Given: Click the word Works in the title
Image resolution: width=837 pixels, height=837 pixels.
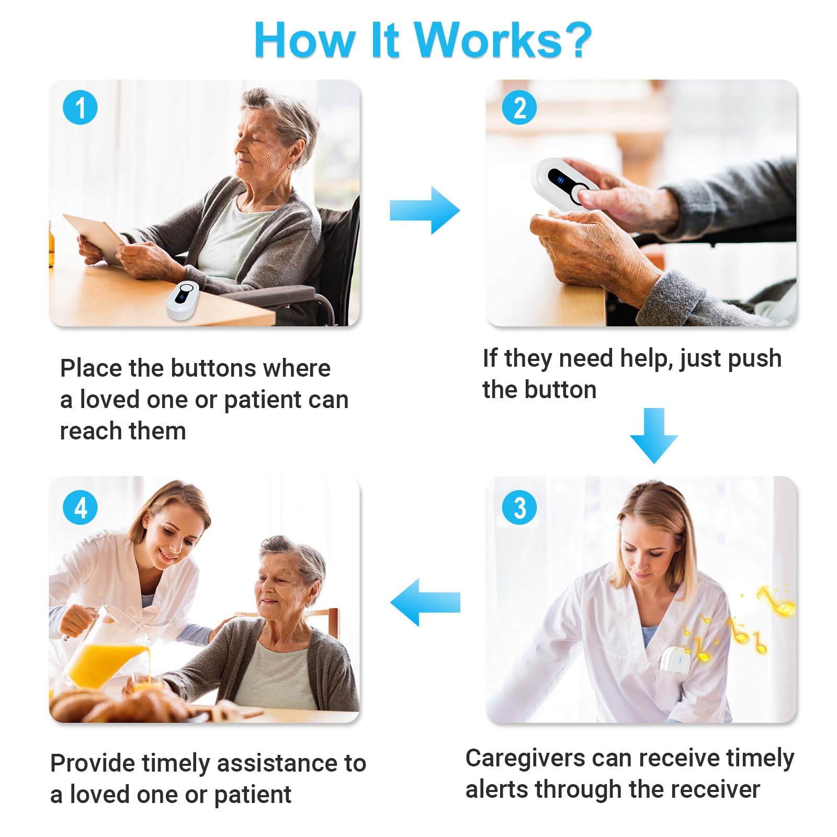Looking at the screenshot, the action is pyautogui.click(x=488, y=40).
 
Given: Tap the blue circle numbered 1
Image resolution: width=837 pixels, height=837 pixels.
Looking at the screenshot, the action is pyautogui.click(x=80, y=107).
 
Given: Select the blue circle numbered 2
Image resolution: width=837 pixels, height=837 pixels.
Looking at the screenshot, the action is pyautogui.click(x=519, y=107).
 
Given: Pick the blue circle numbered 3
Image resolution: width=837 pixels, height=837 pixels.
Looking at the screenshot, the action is pyautogui.click(x=519, y=507).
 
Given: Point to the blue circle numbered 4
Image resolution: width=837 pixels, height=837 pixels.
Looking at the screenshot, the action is pyautogui.click(x=80, y=507).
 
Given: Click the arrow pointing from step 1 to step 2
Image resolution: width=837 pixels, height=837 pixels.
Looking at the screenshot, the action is pyautogui.click(x=425, y=210).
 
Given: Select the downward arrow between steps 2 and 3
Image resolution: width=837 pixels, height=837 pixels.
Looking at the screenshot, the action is pyautogui.click(x=654, y=435).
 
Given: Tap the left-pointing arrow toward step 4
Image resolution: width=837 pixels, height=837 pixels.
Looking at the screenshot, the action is pyautogui.click(x=425, y=602).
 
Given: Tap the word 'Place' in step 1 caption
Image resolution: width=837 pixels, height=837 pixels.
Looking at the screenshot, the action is pyautogui.click(x=91, y=368).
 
